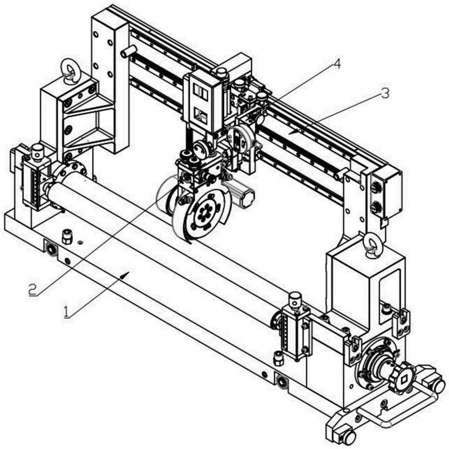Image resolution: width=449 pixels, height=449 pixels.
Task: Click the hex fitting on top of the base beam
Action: click(x=67, y=235)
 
